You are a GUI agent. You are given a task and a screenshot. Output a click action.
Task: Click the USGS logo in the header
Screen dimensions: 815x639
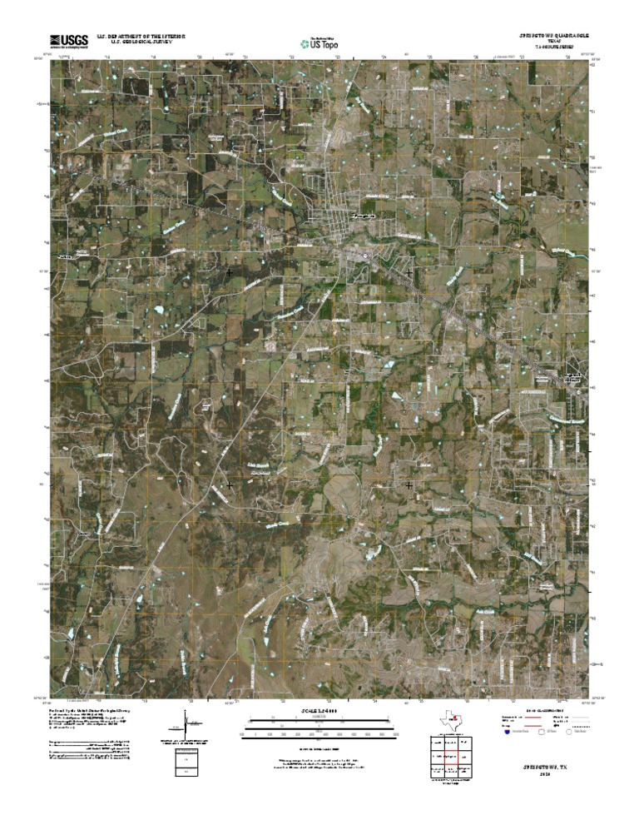[69, 40]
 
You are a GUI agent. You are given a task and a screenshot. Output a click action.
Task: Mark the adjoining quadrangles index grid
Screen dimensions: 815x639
[448, 758]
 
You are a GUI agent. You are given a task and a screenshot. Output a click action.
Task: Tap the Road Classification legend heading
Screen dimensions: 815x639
[546, 710]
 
